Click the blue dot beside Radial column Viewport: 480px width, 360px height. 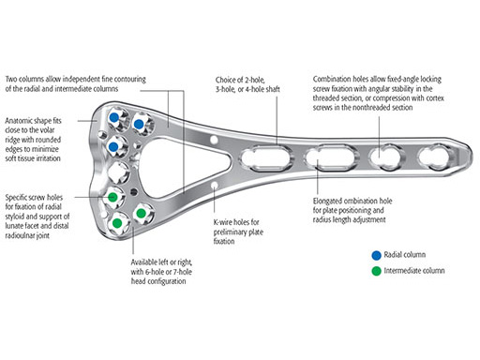[376, 255]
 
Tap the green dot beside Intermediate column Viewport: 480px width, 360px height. [376, 271]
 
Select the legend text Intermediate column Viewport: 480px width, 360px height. [414, 271]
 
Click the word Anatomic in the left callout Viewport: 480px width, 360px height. [19, 121]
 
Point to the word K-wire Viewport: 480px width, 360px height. [222, 222]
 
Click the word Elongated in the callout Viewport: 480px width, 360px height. [329, 202]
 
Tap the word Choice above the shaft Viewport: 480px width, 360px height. [225, 80]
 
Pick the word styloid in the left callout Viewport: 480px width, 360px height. [13, 217]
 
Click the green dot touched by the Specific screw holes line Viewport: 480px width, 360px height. [112, 197]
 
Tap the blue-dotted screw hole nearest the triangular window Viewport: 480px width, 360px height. [139, 124]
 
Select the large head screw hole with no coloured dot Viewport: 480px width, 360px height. [118, 172]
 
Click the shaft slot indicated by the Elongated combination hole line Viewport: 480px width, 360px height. [331, 157]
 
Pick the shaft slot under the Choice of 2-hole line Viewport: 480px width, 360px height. [266, 157]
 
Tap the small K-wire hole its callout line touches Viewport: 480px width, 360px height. [214, 186]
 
